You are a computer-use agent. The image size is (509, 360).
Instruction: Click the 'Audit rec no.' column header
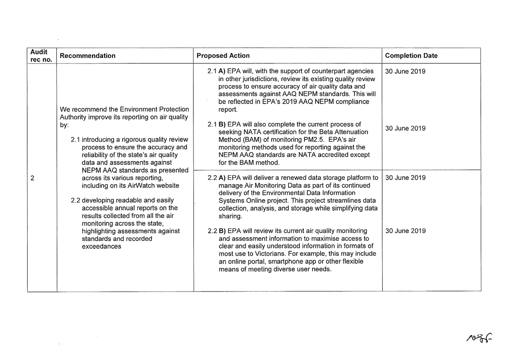pos(42,56)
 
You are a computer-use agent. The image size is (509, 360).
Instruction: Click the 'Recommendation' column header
pos(87,56)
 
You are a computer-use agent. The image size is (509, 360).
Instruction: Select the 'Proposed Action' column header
pos(223,56)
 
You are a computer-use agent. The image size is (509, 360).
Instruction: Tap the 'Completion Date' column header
pos(411,56)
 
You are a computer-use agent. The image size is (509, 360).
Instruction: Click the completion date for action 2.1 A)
pos(405,71)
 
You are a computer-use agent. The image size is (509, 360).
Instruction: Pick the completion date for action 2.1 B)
pos(405,128)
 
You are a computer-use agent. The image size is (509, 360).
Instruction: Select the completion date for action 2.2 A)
pos(405,178)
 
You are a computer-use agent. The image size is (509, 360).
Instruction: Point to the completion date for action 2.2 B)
pos(405,231)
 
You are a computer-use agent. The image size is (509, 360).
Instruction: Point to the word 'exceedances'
pos(101,246)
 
